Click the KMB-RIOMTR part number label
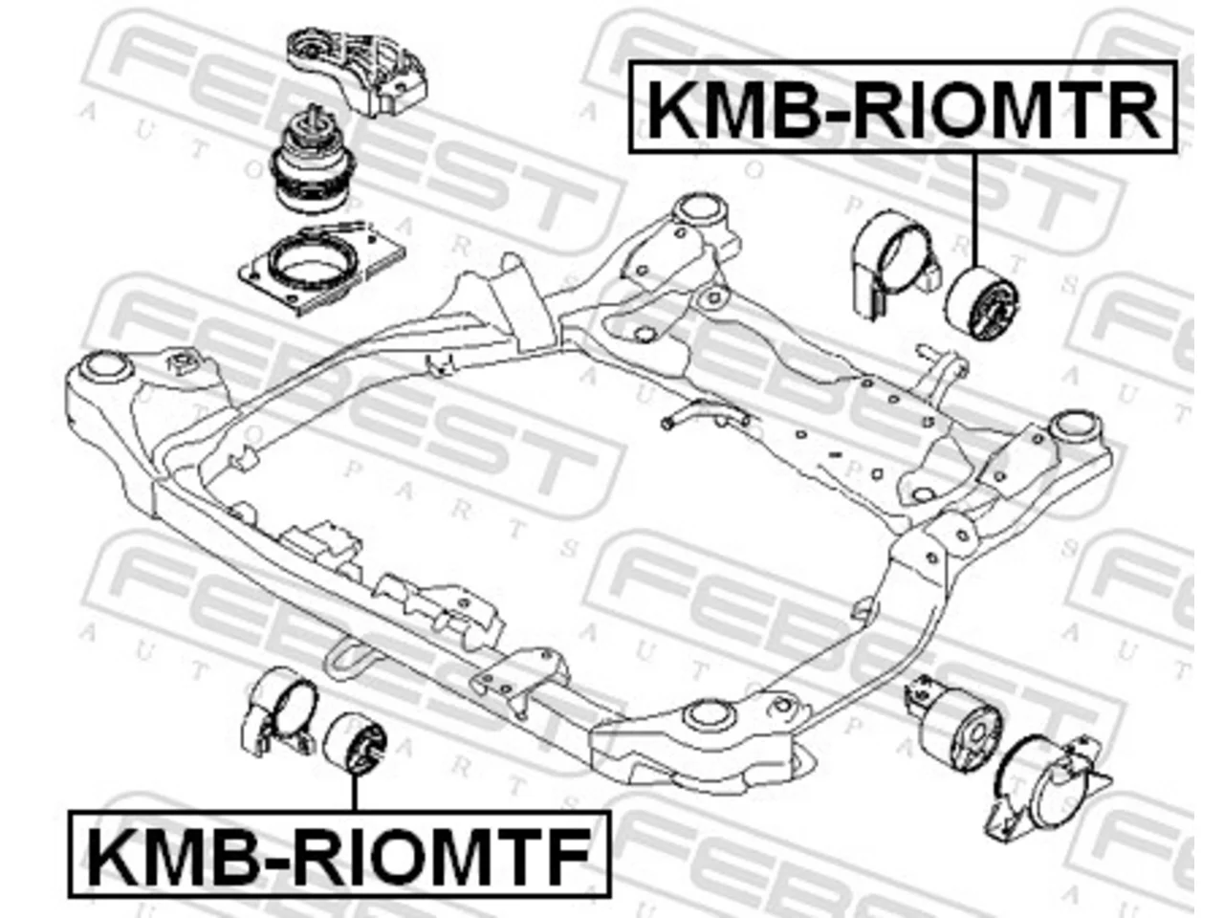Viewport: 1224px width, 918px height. coord(903,107)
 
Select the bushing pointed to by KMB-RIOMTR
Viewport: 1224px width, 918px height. coord(983,303)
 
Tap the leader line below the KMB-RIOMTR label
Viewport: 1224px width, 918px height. coord(975,210)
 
